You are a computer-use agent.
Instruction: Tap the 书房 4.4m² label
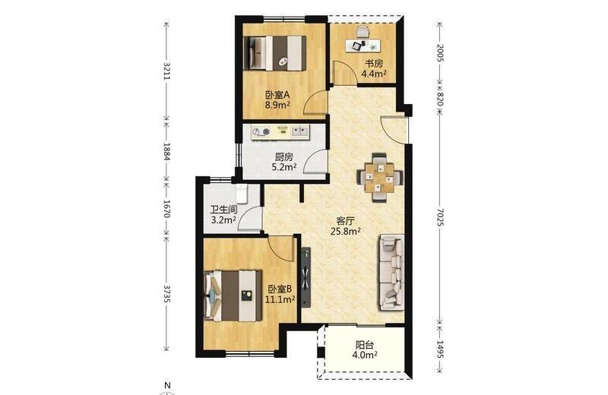(x=374, y=68)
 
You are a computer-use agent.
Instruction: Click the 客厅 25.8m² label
(x=346, y=226)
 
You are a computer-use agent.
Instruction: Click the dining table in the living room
(x=379, y=178)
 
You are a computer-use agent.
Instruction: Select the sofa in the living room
(x=391, y=273)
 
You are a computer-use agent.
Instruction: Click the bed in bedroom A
(x=275, y=53)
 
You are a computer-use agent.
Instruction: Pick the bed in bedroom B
(x=233, y=295)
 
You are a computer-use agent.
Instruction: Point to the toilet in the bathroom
(x=242, y=194)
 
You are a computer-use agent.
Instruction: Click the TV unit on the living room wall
(x=306, y=277)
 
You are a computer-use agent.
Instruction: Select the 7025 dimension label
(x=440, y=217)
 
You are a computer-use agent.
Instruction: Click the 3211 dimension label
(x=166, y=71)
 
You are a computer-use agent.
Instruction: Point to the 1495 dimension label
(x=440, y=349)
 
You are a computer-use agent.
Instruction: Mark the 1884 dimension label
(x=166, y=151)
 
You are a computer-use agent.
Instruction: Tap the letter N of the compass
(x=167, y=386)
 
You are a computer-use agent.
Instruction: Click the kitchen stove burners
(x=261, y=132)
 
